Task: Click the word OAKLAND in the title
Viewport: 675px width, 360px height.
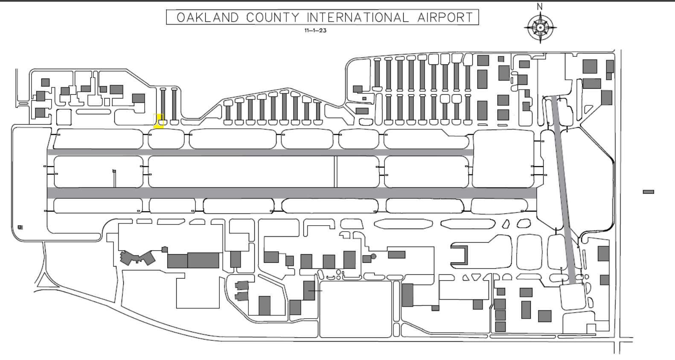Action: tap(208, 17)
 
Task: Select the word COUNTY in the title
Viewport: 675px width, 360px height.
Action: tap(273, 17)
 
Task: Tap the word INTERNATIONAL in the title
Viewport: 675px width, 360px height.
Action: tap(358, 17)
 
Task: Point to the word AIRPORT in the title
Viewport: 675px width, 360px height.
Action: tap(445, 17)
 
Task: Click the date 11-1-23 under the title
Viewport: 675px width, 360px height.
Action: tap(315, 30)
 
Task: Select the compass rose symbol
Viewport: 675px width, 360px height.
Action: tap(540, 28)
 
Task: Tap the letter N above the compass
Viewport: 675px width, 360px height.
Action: tap(540, 6)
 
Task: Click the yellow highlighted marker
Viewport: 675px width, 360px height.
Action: tap(158, 121)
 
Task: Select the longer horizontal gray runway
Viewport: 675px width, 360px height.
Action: tap(292, 193)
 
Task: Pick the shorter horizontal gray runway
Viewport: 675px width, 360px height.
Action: tap(260, 152)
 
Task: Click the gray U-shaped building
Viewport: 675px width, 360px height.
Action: tap(459, 255)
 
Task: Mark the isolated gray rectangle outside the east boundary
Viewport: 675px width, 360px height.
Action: tap(649, 192)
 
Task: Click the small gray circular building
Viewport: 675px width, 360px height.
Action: tap(373, 256)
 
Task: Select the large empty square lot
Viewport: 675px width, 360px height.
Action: tap(355, 309)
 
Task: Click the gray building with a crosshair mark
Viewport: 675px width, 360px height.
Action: tap(309, 290)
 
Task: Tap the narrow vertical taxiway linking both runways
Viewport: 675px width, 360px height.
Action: tap(335, 171)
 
